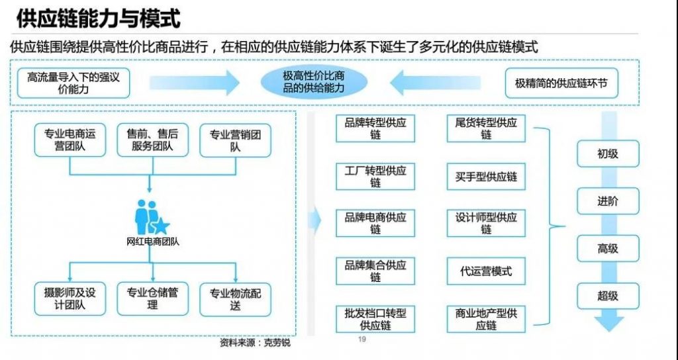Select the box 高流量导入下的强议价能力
73,83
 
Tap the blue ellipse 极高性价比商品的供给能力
314,82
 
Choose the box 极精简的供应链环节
561,83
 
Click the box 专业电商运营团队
70,140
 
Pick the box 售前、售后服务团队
153,140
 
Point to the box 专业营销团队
235,140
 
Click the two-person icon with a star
152,217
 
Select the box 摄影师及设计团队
70,299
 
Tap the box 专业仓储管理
153,299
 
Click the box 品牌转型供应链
375,128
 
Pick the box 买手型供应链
486,176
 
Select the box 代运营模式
486,271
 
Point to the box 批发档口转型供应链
375,319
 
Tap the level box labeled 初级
608,154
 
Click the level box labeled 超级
608,296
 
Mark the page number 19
362,339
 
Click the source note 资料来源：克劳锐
255,343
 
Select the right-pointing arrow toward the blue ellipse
195,83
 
